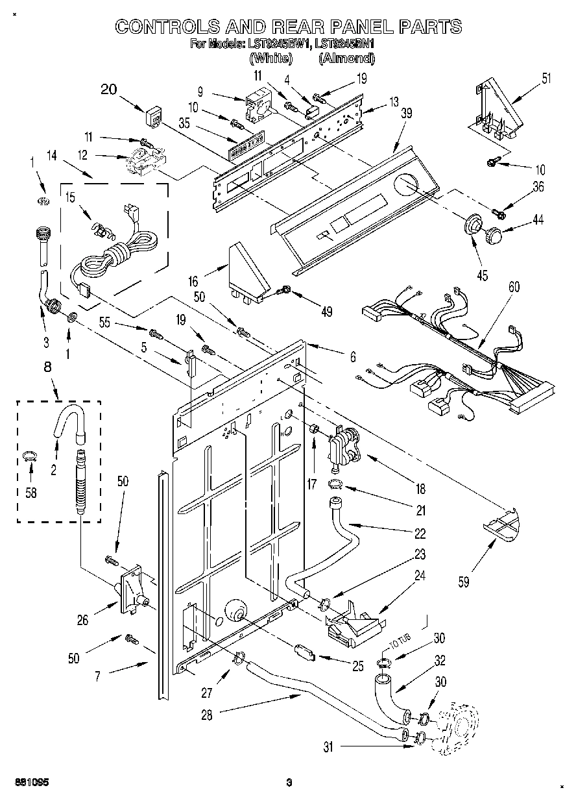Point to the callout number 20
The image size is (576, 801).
(x=109, y=90)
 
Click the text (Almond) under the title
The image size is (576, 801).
(x=346, y=58)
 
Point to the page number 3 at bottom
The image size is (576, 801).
(x=291, y=782)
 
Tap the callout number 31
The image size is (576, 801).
(x=329, y=746)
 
